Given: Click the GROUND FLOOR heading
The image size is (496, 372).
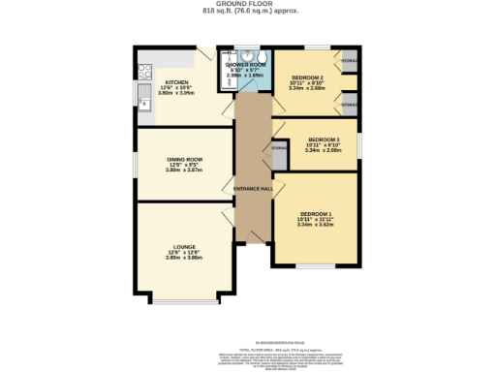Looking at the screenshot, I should coord(248,4).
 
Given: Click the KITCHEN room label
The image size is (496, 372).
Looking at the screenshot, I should coord(175,82).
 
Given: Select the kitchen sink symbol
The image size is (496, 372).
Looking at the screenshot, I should coord(144,103).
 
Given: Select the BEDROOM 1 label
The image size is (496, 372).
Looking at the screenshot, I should coord(317,212).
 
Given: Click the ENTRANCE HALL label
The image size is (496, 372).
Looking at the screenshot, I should coord(253,188).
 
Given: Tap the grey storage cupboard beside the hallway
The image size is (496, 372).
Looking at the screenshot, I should coord(280,153).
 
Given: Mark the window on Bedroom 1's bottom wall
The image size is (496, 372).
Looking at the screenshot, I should coord(316,266).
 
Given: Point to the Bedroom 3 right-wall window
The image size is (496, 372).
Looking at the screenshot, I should coord(360,144).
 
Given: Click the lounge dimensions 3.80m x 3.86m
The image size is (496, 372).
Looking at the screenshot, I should coord(182,259).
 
